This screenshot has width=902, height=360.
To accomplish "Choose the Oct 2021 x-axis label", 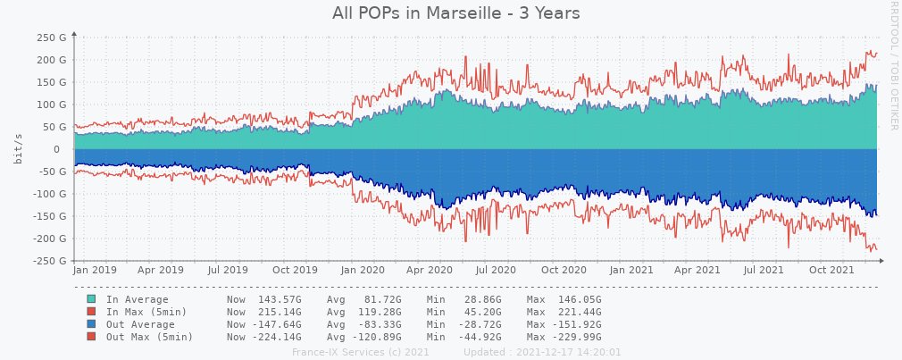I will click(831, 269).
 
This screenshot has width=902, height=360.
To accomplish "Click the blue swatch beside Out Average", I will click(91, 324).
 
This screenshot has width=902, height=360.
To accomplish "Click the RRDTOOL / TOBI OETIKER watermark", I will click(893, 64).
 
